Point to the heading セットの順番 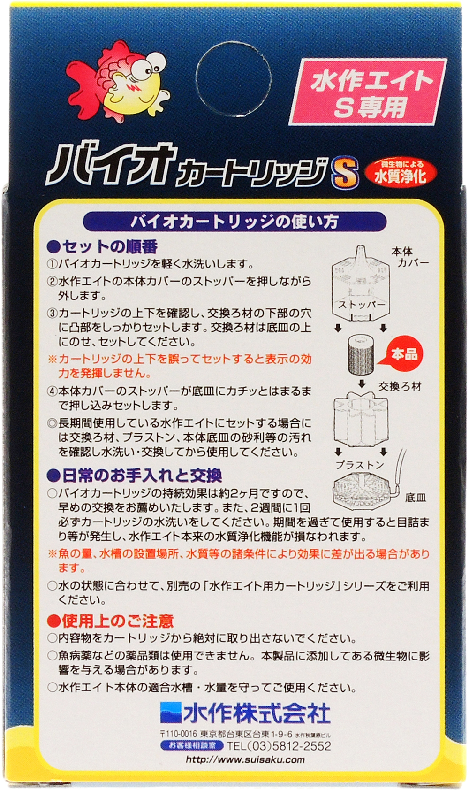click(x=102, y=246)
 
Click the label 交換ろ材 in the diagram click(x=400, y=386)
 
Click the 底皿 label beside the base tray click(x=416, y=498)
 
